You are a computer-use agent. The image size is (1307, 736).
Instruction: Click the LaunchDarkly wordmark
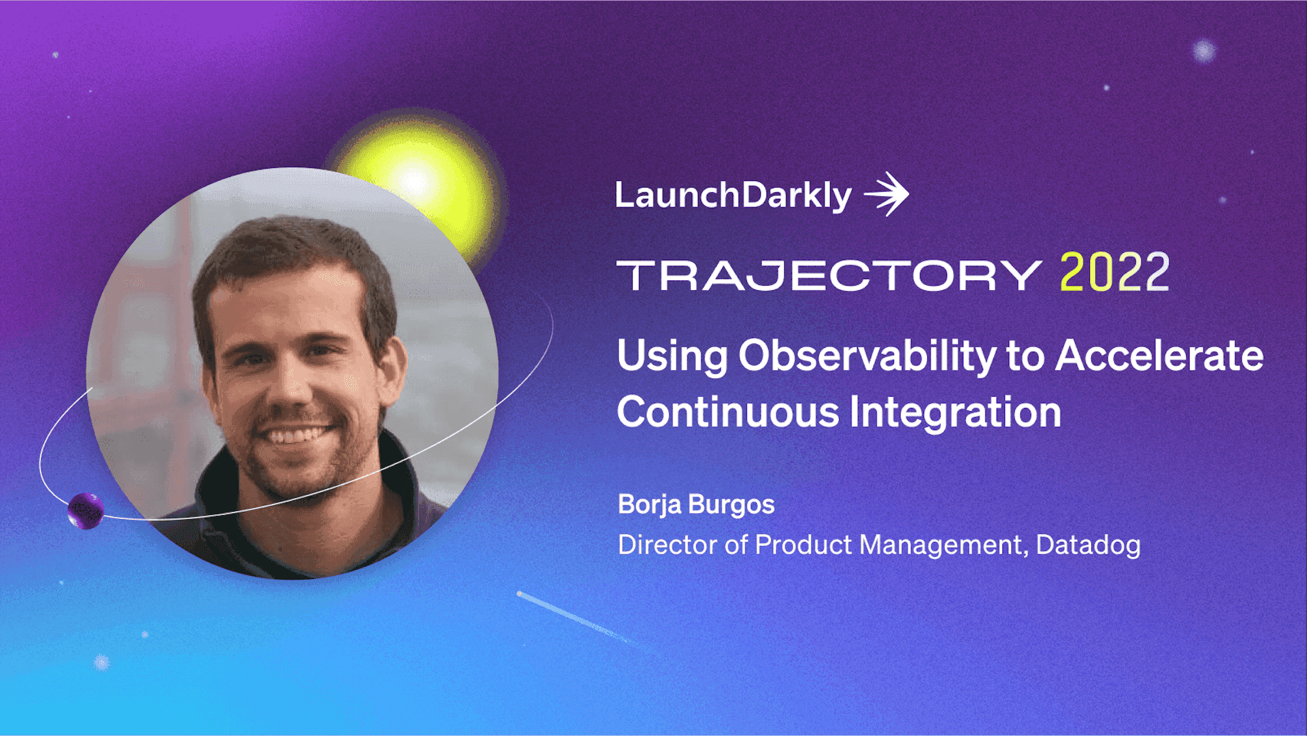pyautogui.click(x=733, y=195)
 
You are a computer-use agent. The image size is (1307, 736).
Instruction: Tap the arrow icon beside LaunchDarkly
pyautogui.click(x=887, y=194)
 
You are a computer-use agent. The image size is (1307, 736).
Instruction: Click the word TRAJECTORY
pyautogui.click(x=829, y=275)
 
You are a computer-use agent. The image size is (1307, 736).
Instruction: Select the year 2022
pyautogui.click(x=1115, y=272)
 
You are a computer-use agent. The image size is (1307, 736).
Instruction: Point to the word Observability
pyautogui.click(x=867, y=357)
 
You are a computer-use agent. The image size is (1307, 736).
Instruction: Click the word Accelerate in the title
pyautogui.click(x=1160, y=356)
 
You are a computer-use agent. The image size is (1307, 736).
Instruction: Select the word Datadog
pyautogui.click(x=1089, y=545)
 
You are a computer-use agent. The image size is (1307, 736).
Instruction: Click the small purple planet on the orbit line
pyautogui.click(x=86, y=510)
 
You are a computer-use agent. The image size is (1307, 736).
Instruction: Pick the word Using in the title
pyautogui.click(x=672, y=357)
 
